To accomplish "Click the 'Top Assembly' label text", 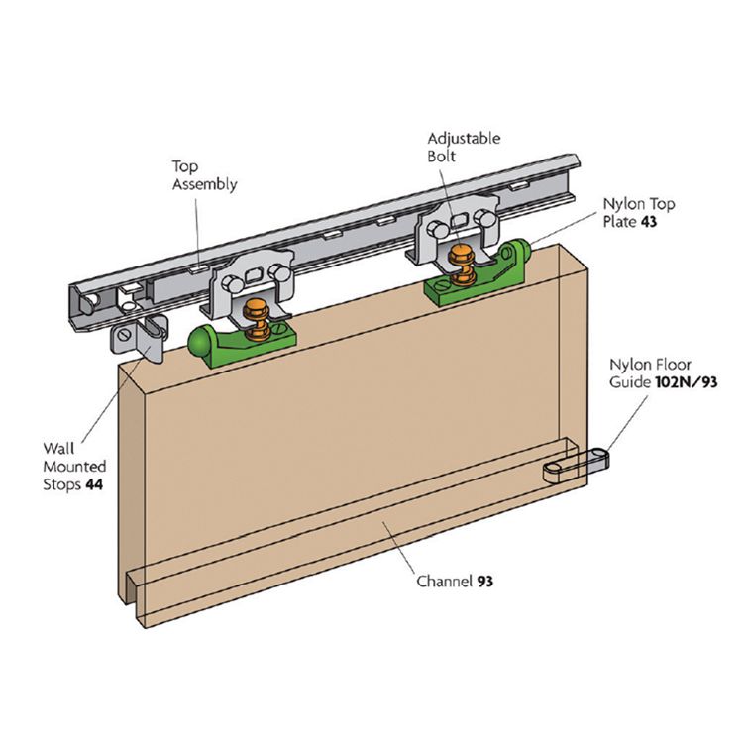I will [205, 175].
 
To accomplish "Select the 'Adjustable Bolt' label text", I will [464, 148].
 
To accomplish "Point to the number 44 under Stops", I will [93, 484].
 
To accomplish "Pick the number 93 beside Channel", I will [485, 581].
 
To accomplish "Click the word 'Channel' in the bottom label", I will [444, 581].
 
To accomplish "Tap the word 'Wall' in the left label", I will [57, 448].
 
